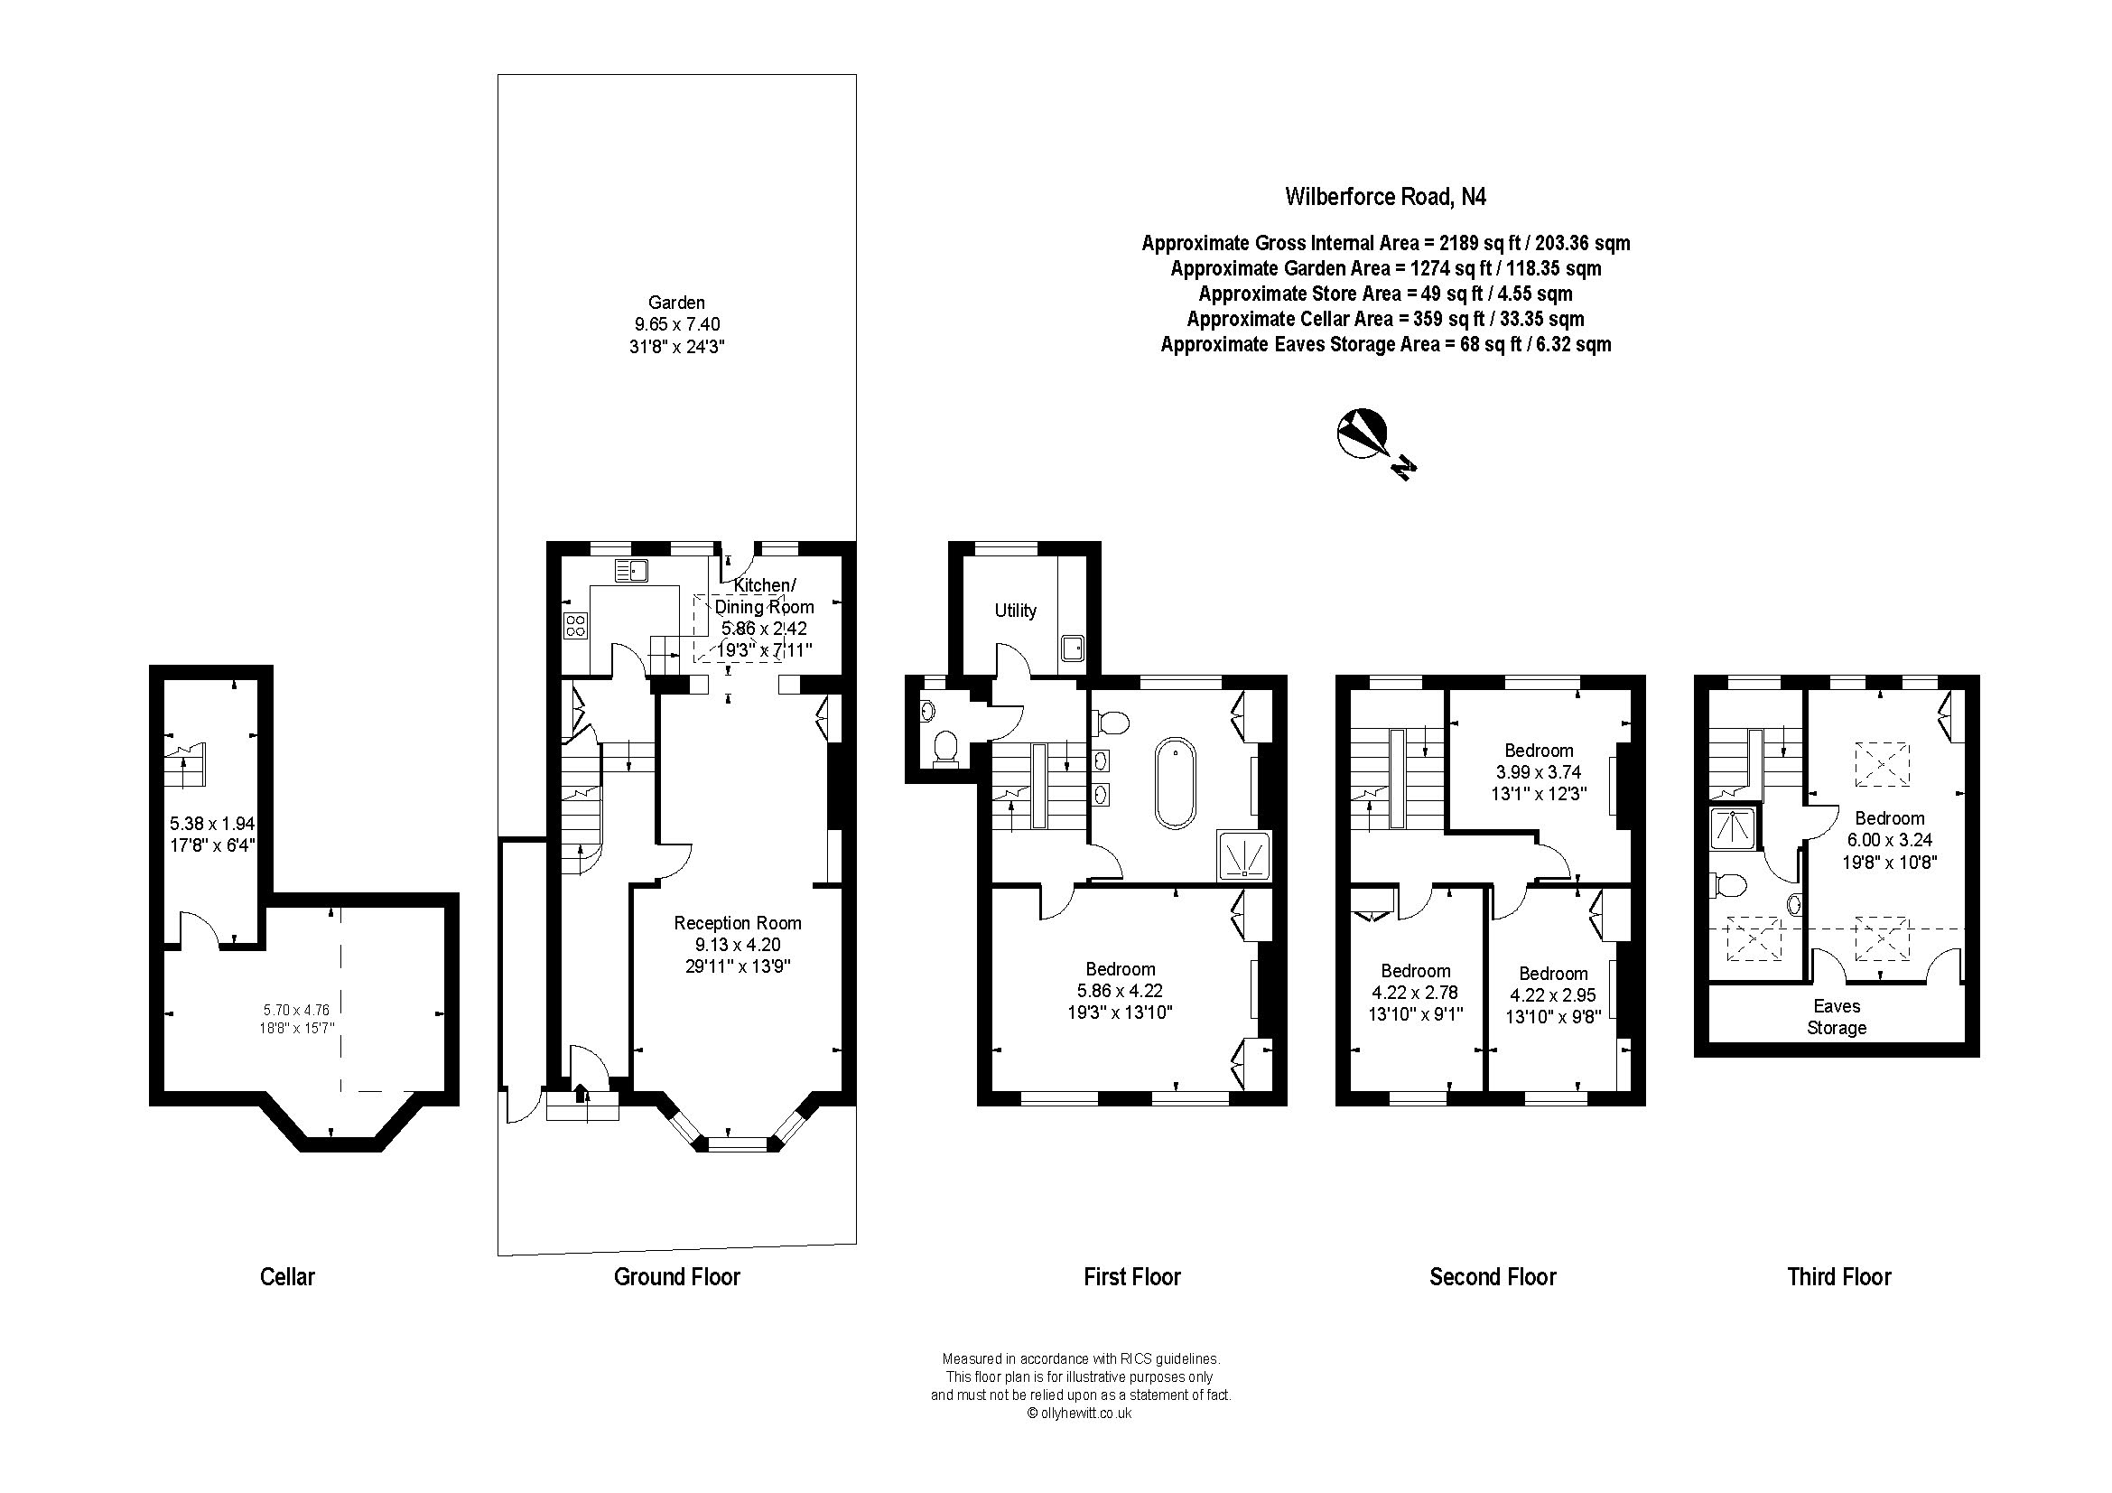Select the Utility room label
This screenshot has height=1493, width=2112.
[x=1016, y=611]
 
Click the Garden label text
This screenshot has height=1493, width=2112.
[x=677, y=303]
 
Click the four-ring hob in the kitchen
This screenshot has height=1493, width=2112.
[x=576, y=627]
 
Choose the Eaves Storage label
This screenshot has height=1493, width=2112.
[x=1837, y=1017]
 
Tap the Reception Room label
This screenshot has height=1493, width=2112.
[x=738, y=923]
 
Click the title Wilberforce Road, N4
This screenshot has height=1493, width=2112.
[x=1385, y=197]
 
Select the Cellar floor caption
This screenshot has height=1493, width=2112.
[x=288, y=1277]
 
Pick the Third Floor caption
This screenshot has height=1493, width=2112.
[x=1839, y=1277]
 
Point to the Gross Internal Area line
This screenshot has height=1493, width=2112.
[x=1385, y=244]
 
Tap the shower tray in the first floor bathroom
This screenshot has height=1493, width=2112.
[x=1244, y=856]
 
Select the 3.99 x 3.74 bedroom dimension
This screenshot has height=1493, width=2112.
[x=1539, y=773]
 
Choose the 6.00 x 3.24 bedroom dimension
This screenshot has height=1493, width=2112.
[x=1889, y=840]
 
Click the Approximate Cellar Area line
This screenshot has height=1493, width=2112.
[x=1385, y=319]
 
